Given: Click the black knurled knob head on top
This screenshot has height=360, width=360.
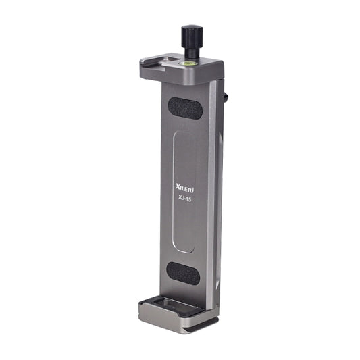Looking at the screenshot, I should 189,34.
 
